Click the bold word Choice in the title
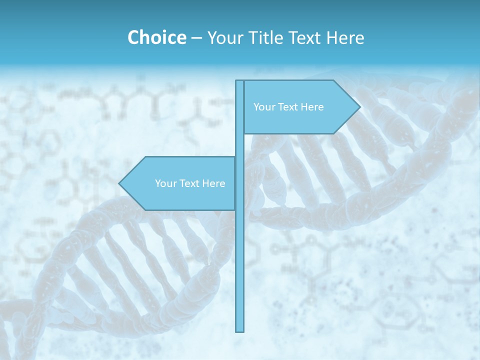click(156, 37)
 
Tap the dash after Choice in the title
click(196, 38)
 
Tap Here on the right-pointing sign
click(312, 107)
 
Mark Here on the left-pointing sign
click(213, 183)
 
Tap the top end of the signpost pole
click(239, 81)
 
